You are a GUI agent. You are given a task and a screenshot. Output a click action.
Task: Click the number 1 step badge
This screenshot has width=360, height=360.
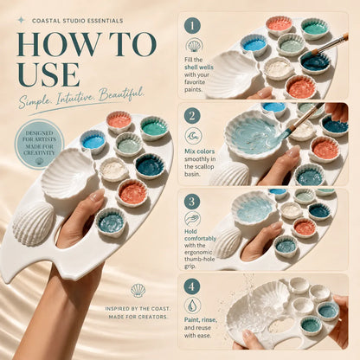(x=192, y=26)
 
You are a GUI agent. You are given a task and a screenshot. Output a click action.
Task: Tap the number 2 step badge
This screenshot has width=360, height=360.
(x=192, y=116)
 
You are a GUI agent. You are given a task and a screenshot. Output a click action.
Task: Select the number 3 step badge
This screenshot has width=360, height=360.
(x=192, y=202)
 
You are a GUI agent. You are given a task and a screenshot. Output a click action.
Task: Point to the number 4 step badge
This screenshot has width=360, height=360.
(x=192, y=286)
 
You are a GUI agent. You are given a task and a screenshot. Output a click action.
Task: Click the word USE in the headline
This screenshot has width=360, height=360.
(x=48, y=74)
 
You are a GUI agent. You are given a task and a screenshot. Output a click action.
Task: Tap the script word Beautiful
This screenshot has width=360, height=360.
(x=121, y=94)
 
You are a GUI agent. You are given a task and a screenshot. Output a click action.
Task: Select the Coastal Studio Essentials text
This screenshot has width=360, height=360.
(x=78, y=21)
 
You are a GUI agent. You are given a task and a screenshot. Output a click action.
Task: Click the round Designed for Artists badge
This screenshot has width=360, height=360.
(x=39, y=144)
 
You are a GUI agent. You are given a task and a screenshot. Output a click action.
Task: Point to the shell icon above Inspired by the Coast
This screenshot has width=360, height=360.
(x=138, y=291)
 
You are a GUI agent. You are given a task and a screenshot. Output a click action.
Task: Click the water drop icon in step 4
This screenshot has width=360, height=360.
(x=192, y=305)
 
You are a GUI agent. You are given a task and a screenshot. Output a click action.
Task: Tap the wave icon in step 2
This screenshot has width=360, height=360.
(x=193, y=136)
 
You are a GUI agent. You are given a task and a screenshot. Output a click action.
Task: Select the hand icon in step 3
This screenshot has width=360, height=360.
(x=193, y=219)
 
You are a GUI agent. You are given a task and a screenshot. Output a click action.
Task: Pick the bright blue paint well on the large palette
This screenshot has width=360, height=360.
(x=93, y=141)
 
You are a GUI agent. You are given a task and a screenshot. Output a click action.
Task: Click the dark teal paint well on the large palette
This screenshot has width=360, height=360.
(x=150, y=166)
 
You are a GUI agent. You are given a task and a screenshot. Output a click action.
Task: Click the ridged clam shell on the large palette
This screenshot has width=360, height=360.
(x=34, y=224)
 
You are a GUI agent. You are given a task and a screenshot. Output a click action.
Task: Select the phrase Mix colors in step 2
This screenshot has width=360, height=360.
(x=200, y=151)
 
